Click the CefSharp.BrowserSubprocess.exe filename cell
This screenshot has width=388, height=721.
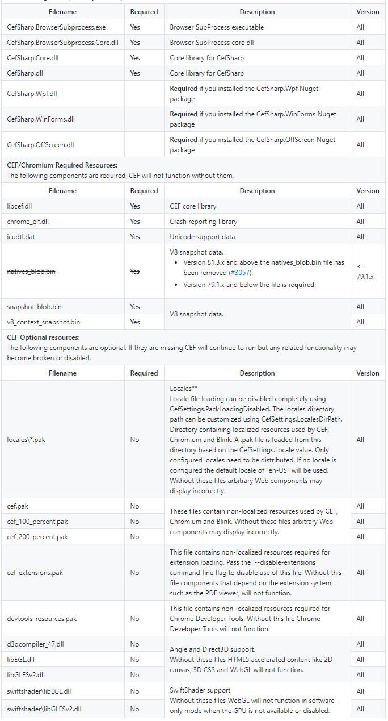pos(56,27)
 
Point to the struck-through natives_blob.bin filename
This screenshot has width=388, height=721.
pos(31,272)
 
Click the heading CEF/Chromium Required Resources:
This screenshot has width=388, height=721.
pos(62,165)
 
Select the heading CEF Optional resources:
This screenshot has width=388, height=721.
pos(43,337)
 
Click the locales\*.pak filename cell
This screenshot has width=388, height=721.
pos(26,440)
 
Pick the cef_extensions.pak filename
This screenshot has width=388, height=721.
pos(35,573)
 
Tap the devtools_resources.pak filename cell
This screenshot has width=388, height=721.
pos(42,619)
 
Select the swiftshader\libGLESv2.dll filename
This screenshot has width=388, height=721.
pos(44,709)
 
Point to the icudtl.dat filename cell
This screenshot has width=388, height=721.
pos(21,237)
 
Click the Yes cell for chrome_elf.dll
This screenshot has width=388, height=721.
pos(135,222)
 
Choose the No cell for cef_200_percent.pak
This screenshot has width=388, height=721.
pos(134,537)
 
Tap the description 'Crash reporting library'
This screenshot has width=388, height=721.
pos(204,222)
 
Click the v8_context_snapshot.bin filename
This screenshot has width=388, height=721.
pos(44,322)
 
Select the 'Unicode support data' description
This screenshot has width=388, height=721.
pos(203,237)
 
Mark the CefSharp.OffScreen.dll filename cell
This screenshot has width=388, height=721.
pos(41,145)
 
